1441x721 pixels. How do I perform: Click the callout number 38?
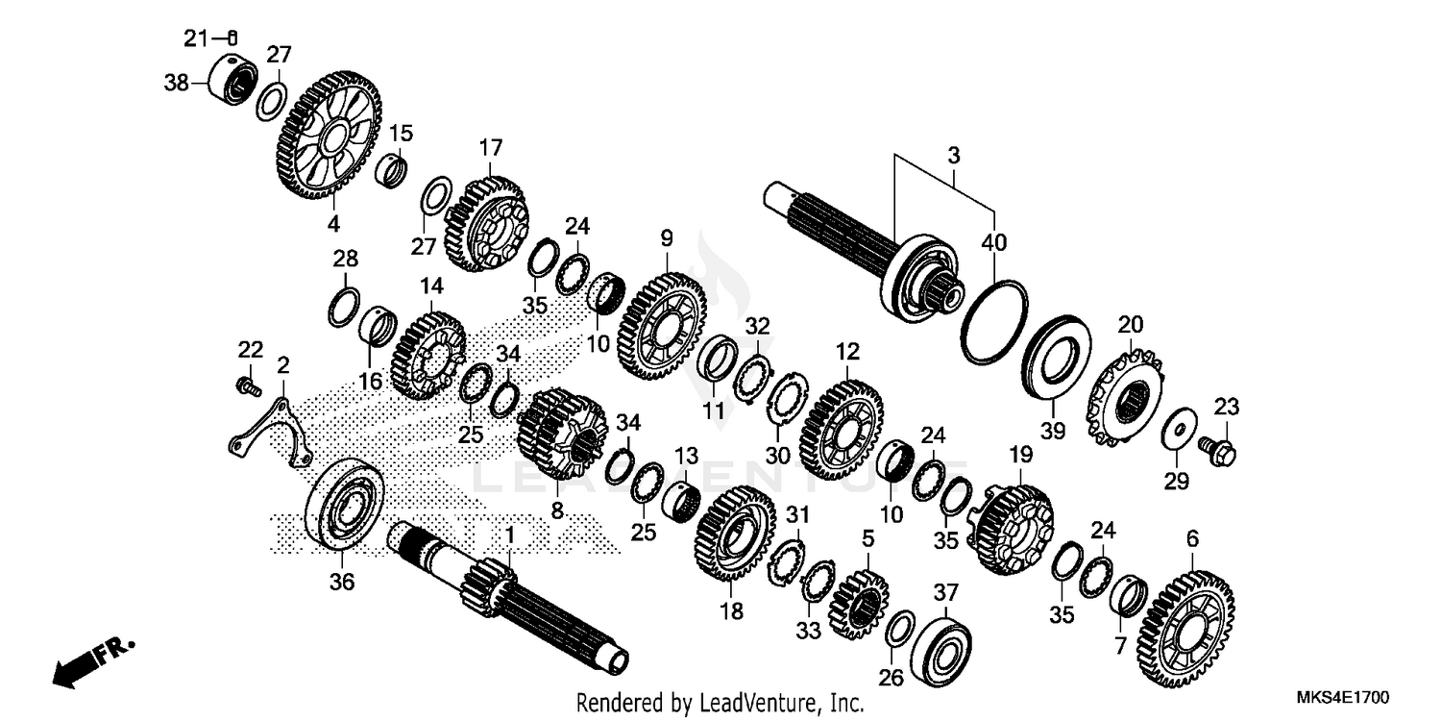coord(176,84)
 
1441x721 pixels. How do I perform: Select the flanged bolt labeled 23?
coord(1217,447)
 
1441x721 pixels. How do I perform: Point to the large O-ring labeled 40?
coord(994,322)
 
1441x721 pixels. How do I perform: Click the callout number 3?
coord(953,155)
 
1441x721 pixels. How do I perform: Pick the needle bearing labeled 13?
coord(683,501)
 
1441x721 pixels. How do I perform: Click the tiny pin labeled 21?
coord(232,37)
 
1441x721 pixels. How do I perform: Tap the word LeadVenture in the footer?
coord(750,703)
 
